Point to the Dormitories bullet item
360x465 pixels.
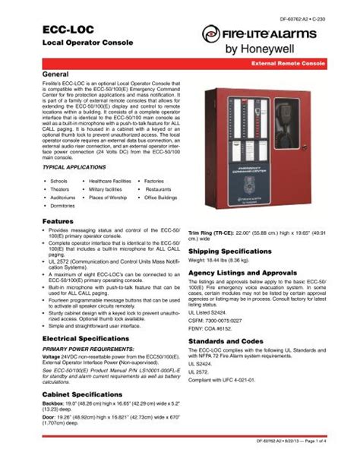pyautogui.click(x=63, y=205)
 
